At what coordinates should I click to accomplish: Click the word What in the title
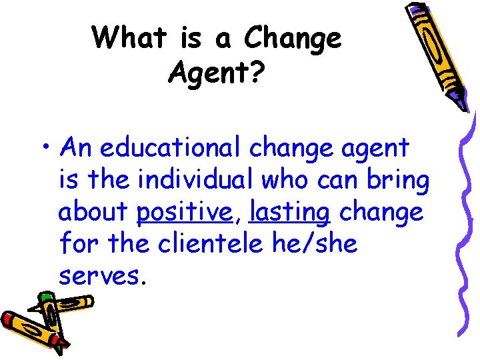[130, 38]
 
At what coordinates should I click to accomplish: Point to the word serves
[100, 275]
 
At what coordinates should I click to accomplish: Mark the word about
[93, 213]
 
